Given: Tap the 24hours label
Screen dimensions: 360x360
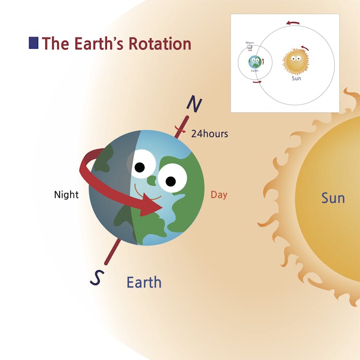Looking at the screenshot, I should click(210, 134).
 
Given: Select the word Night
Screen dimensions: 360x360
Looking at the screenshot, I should click(66, 195).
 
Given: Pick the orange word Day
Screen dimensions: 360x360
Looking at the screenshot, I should click(219, 195).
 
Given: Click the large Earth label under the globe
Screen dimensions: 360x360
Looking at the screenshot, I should click(144, 282).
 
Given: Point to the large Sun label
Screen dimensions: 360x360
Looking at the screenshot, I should click(333, 198).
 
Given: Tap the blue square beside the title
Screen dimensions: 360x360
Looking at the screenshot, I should click(33, 43).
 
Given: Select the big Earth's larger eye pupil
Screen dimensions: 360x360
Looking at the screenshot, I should click(170, 180).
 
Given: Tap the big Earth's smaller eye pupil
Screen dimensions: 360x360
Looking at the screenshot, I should click(139, 168).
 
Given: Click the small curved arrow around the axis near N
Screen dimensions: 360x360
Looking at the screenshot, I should click(180, 130).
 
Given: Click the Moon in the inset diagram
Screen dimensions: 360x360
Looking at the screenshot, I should click(250, 48).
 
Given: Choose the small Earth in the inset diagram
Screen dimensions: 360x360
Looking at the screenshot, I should click(255, 62).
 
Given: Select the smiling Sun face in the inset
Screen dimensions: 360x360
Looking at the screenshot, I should click(296, 61).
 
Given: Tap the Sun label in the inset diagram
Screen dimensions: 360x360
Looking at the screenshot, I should click(296, 78).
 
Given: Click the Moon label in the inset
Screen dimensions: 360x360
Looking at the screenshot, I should click(250, 42).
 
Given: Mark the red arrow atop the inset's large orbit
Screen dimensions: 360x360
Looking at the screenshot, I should click(293, 22).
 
